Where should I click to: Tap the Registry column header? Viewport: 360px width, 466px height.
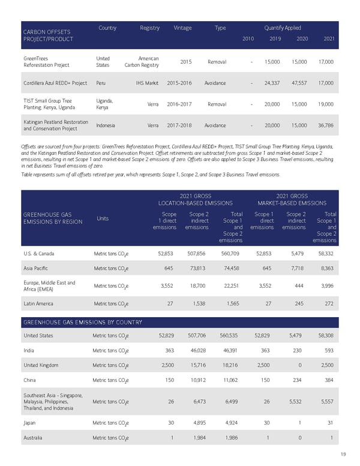[149, 28]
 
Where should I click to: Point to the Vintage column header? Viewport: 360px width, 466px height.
[182, 28]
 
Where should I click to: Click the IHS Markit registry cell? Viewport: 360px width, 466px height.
[147, 83]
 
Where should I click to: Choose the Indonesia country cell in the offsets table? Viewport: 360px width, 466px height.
[106, 126]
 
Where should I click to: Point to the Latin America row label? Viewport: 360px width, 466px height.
[40, 304]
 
